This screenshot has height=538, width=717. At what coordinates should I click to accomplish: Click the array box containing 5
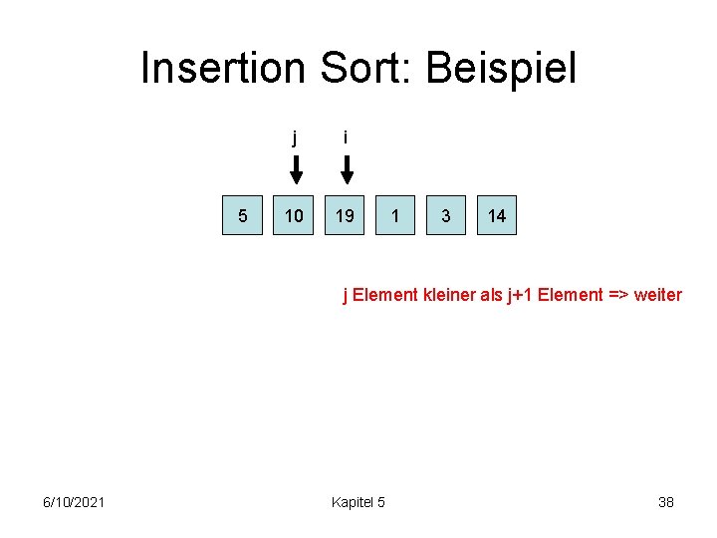tap(243, 215)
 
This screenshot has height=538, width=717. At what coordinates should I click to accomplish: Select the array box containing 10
tap(295, 215)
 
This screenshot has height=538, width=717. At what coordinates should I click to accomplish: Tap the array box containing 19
tap(345, 215)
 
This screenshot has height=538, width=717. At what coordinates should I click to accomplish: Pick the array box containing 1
tap(395, 215)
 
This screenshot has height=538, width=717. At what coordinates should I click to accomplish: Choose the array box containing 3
tap(445, 215)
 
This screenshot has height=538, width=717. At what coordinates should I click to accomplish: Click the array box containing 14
tap(496, 215)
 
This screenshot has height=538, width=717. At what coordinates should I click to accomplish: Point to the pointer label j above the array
tap(295, 137)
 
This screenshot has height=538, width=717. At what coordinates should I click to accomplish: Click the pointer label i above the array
tap(345, 137)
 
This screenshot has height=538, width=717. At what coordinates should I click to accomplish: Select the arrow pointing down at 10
tap(295, 170)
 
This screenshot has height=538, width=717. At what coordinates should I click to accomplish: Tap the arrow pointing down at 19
tap(346, 170)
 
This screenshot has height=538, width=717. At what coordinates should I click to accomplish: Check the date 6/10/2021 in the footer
tap(75, 502)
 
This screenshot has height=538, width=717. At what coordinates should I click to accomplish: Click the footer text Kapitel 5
tap(358, 502)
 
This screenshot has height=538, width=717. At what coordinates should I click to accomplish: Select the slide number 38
tap(666, 502)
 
